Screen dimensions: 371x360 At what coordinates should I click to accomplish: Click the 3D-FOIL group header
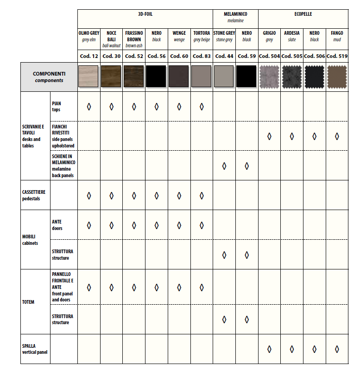click(x=145, y=14)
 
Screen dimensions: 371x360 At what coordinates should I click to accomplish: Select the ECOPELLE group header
click(x=303, y=14)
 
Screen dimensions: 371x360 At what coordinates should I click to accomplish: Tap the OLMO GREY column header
click(x=88, y=36)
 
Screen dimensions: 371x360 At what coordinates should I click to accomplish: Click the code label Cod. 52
click(x=134, y=56)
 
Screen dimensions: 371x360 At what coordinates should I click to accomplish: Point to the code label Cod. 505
click(x=292, y=56)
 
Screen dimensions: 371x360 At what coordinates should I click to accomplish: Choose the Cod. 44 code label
click(x=224, y=56)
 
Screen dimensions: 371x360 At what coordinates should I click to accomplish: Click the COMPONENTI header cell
click(x=49, y=77)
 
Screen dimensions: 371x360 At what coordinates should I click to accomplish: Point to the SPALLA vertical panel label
click(x=35, y=349)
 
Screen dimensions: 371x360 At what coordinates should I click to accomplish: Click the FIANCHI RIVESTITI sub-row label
click(x=63, y=136)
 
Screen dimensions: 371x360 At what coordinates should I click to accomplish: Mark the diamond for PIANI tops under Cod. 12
click(x=89, y=107)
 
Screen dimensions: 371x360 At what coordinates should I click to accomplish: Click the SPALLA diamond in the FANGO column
click(x=337, y=349)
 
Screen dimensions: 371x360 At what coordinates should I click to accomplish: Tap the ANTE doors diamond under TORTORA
click(x=202, y=225)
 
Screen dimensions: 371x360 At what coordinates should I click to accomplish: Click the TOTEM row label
click(x=28, y=302)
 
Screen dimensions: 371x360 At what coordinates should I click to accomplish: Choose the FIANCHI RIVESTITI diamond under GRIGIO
click(x=269, y=136)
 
